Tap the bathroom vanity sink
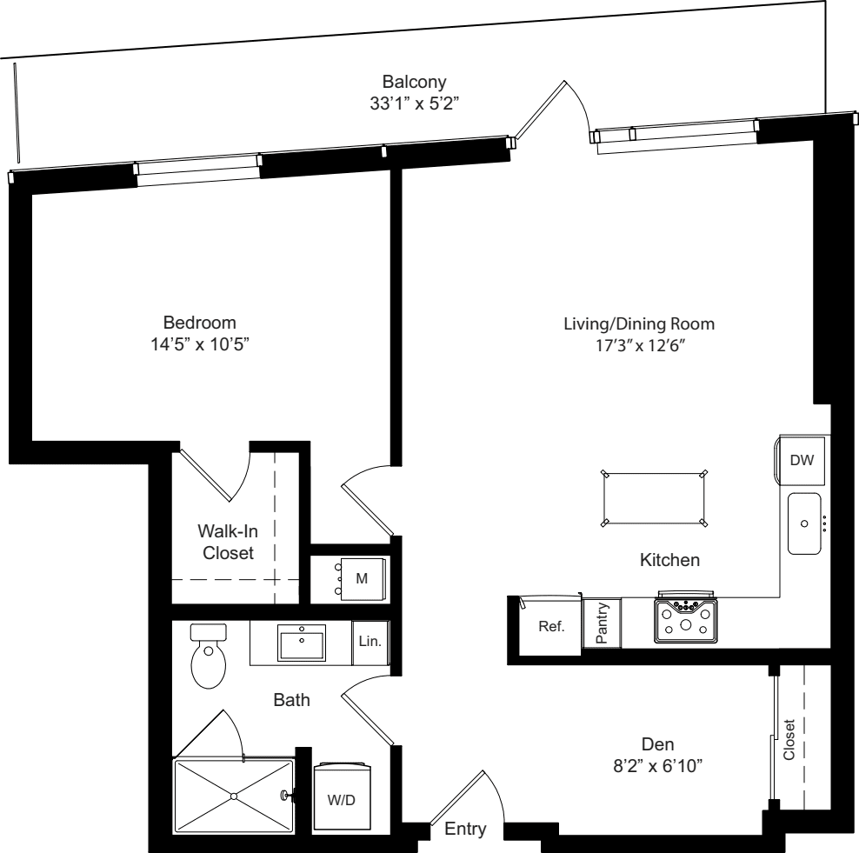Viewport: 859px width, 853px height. coord(302,643)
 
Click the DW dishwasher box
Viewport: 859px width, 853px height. coord(801,460)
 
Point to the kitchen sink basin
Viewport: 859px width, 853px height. coord(805,523)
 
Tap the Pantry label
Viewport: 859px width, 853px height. coord(603,623)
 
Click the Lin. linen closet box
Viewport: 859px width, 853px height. coord(370,643)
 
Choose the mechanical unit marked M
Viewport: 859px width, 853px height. coord(361,576)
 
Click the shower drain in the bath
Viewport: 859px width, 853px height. coord(234,795)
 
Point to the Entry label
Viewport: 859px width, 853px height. coord(465,830)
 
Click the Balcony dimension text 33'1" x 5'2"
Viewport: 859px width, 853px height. coord(414,103)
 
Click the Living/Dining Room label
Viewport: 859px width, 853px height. coord(639,324)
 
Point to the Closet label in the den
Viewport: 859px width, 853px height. coord(789,739)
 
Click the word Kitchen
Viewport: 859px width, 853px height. coord(669,561)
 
